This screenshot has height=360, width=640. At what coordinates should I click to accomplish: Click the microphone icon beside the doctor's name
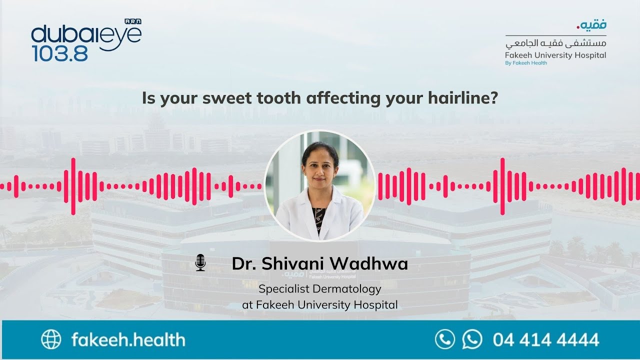pos(200,262)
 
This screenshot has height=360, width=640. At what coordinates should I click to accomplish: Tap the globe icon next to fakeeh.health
pos(51,339)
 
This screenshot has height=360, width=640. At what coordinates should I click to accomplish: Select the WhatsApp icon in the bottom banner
pos(472,339)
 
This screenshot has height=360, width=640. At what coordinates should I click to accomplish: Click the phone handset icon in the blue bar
pos(445,339)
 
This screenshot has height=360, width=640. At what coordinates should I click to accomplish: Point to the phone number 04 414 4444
pos(545,340)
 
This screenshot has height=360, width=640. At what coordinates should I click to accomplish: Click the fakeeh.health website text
pos(128,340)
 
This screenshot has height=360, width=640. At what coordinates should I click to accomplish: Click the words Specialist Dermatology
pos(319,289)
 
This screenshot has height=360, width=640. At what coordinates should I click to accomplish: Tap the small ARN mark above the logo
pos(133,21)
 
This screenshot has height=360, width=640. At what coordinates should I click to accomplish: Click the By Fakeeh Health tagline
pos(526,63)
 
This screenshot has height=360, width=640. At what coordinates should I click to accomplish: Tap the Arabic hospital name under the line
pos(555,44)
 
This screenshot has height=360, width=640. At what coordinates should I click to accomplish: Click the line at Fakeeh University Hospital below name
pos(319,304)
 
